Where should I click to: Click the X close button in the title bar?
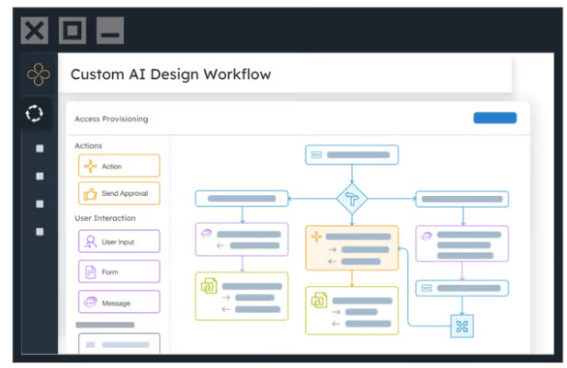[x=34, y=30]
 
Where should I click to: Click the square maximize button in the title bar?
[x=73, y=30]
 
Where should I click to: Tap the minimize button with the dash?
[x=110, y=30]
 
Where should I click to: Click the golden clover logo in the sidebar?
[x=39, y=75]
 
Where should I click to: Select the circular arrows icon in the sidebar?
[x=34, y=113]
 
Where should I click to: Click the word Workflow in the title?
[x=237, y=75]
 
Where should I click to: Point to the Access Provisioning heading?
[x=111, y=119]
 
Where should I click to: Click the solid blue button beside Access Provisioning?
[x=495, y=118]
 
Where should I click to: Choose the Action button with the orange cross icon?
[x=119, y=166]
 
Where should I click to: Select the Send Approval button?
[x=119, y=193]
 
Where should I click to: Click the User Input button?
[x=119, y=241]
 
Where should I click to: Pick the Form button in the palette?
[x=119, y=271]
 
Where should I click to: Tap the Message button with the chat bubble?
[x=119, y=302]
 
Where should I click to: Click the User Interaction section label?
[x=106, y=218]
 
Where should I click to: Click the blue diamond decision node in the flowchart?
[x=352, y=199]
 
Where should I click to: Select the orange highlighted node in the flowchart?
[x=352, y=248]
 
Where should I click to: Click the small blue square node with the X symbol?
[x=462, y=327]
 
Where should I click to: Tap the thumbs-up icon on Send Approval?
[x=90, y=194]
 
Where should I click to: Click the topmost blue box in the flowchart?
[x=352, y=155]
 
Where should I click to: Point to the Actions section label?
[x=88, y=146]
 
